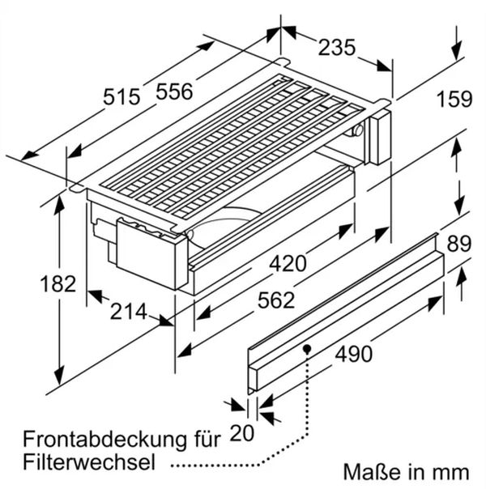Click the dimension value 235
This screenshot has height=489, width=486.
click(337, 48)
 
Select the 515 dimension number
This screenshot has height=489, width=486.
click(122, 96)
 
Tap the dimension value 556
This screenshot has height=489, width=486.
click(174, 91)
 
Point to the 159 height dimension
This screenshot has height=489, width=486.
click(454, 99)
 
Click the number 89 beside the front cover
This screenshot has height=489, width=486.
click(458, 244)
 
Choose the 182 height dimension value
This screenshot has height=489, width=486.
click(58, 284)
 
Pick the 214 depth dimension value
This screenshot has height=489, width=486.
click(128, 311)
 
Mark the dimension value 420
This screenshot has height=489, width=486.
click(288, 263)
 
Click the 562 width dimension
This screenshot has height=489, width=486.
click(276, 300)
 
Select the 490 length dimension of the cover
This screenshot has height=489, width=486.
click(354, 354)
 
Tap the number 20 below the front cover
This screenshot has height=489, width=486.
click(241, 433)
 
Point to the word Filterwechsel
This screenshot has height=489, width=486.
click(89, 462)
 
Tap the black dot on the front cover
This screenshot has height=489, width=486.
click(307, 348)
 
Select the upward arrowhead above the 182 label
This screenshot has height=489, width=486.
click(59, 205)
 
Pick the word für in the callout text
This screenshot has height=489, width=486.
click(206, 439)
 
